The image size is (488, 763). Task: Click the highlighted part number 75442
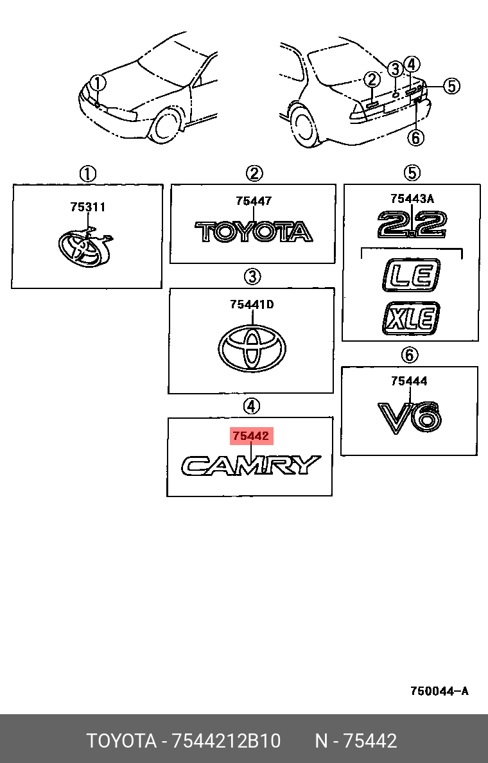pyautogui.click(x=251, y=437)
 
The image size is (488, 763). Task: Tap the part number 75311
pyautogui.click(x=88, y=207)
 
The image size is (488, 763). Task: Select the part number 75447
pyautogui.click(x=254, y=201)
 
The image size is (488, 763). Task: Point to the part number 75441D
pyautogui.click(x=252, y=304)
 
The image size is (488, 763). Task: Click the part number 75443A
pyautogui.click(x=412, y=198)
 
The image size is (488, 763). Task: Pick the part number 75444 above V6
pyautogui.click(x=409, y=381)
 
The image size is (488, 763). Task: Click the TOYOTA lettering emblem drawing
pyautogui.click(x=254, y=231)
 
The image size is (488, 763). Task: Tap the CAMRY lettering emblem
pyautogui.click(x=250, y=465)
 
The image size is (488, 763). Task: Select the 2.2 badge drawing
pyautogui.click(x=412, y=225)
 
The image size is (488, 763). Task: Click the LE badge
pyautogui.click(x=412, y=275)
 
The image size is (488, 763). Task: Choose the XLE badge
pyautogui.click(x=412, y=317)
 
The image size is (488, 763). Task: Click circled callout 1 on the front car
pyautogui.click(x=97, y=83)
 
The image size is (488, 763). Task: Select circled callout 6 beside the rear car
pyautogui.click(x=415, y=137)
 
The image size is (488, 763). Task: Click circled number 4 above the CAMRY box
pyautogui.click(x=251, y=406)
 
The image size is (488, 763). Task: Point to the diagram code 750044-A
pyautogui.click(x=439, y=692)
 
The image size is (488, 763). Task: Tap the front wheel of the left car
pyautogui.click(x=166, y=126)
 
